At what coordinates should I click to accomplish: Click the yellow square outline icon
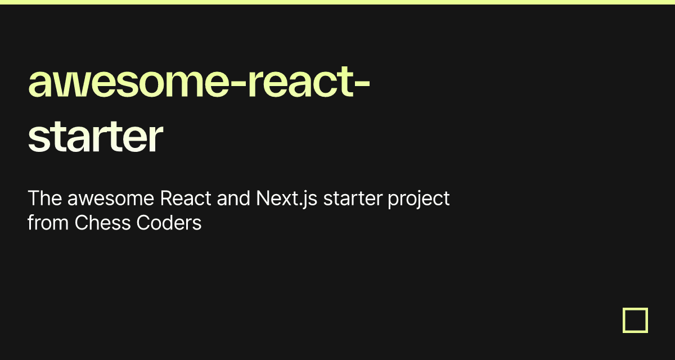(x=635, y=320)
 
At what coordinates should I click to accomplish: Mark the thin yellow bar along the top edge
(x=337, y=2)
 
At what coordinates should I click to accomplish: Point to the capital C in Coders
(x=143, y=223)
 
